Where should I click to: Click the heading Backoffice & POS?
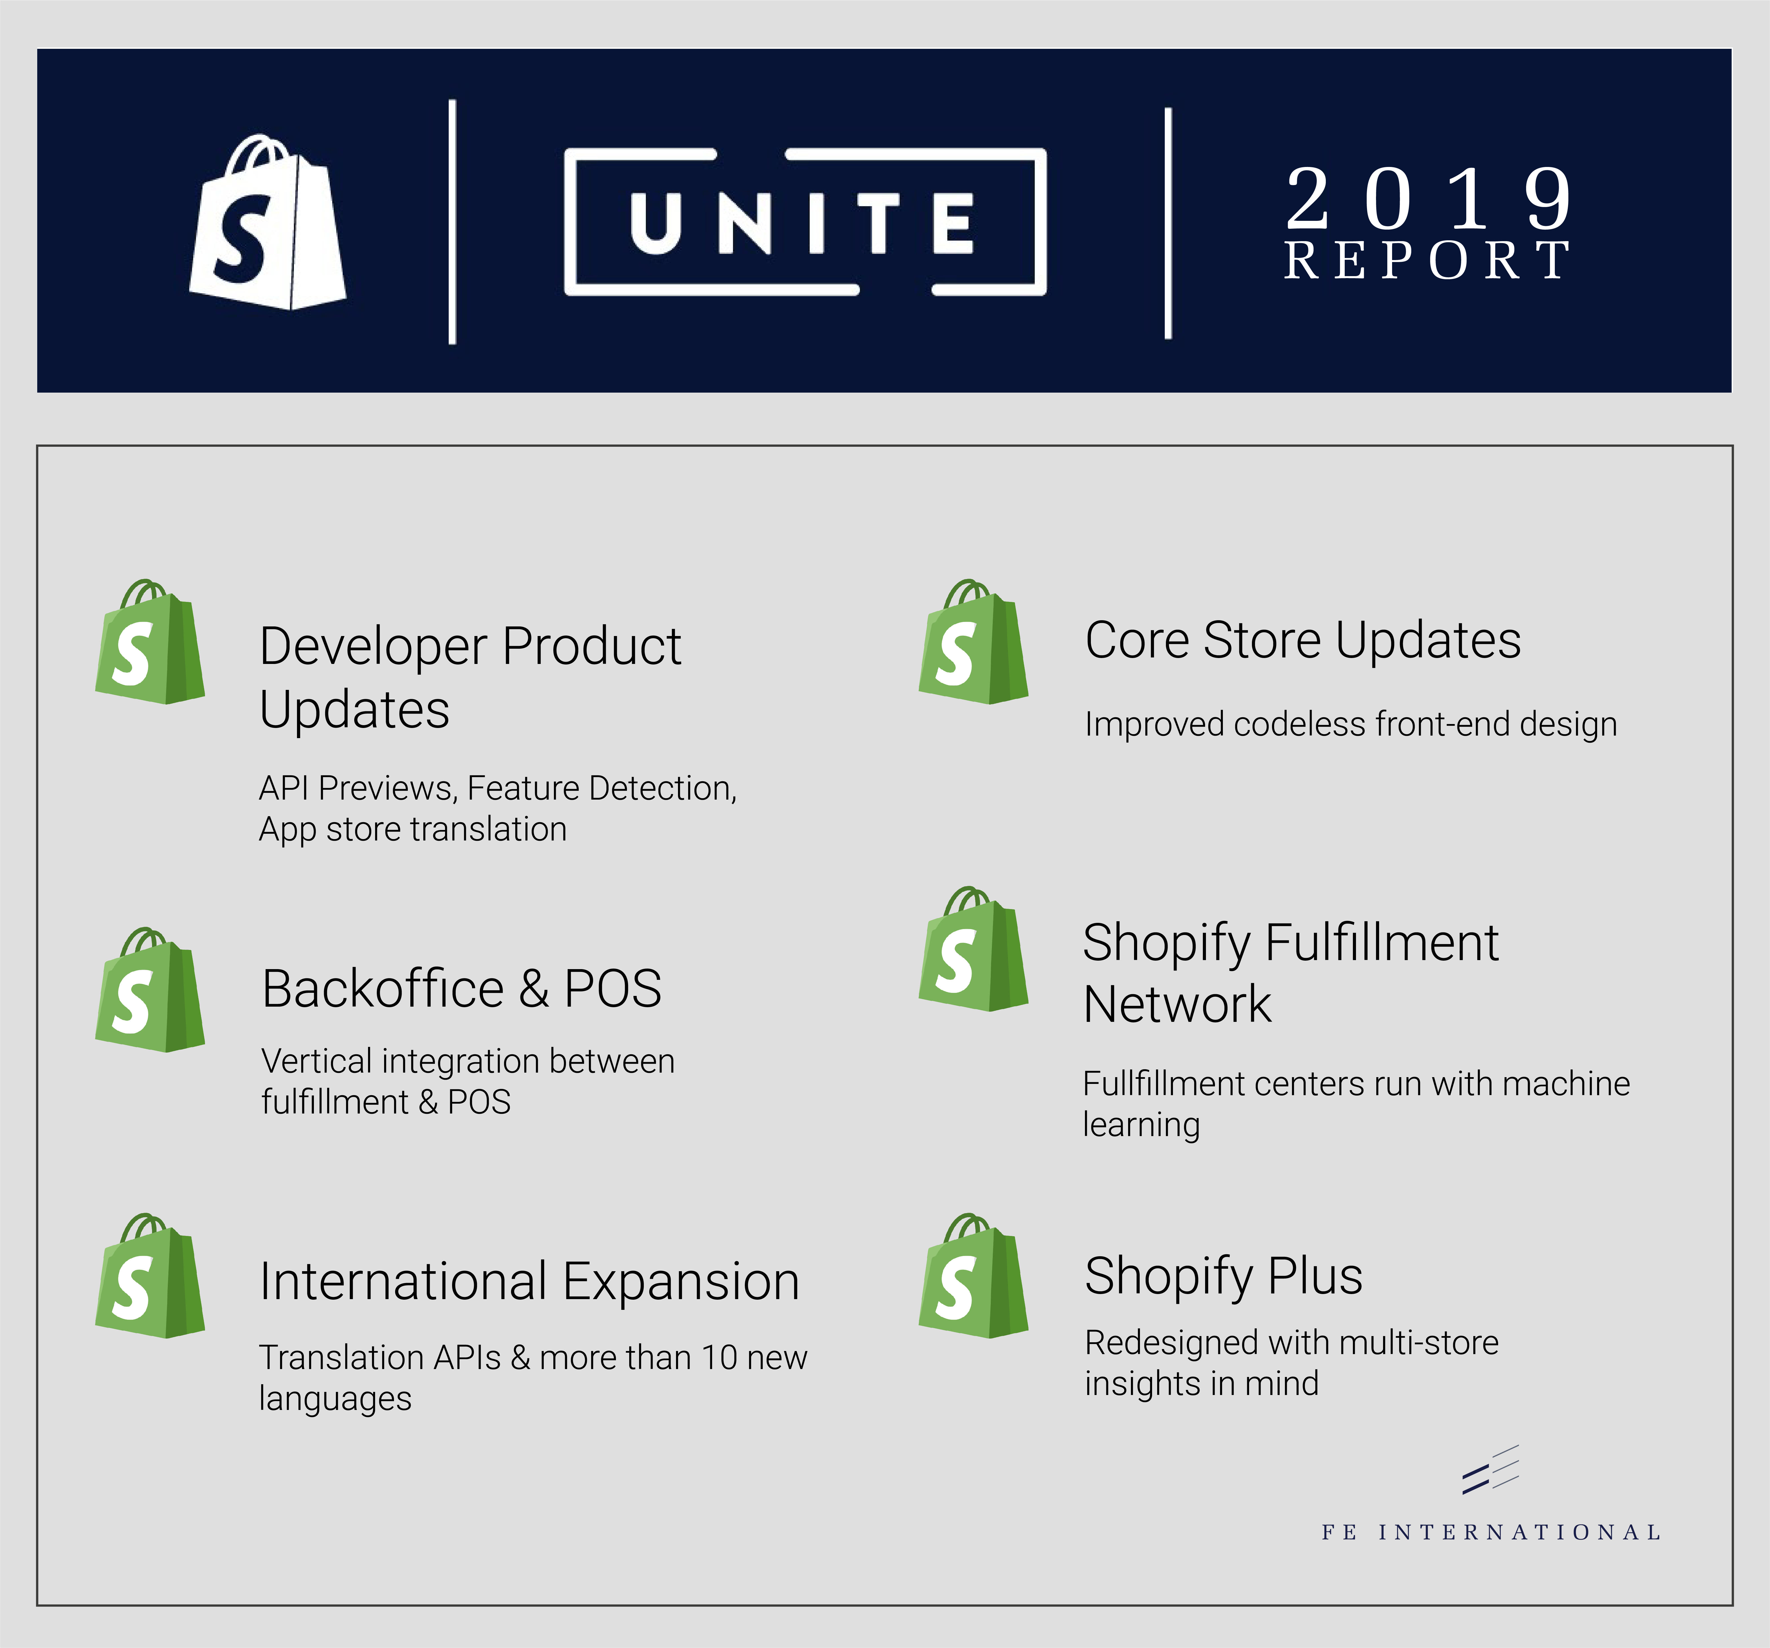pos(461,988)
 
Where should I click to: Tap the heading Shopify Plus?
pos(1223,1276)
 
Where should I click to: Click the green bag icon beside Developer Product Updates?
pos(149,643)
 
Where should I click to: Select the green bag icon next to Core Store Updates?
pos(973,643)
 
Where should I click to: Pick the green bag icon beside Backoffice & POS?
pos(149,990)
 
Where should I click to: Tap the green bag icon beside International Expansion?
pos(149,1276)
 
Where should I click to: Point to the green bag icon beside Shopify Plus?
pos(973,1276)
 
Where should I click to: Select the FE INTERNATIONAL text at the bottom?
pos(1491,1532)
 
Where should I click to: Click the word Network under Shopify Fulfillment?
pos(1177,1004)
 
